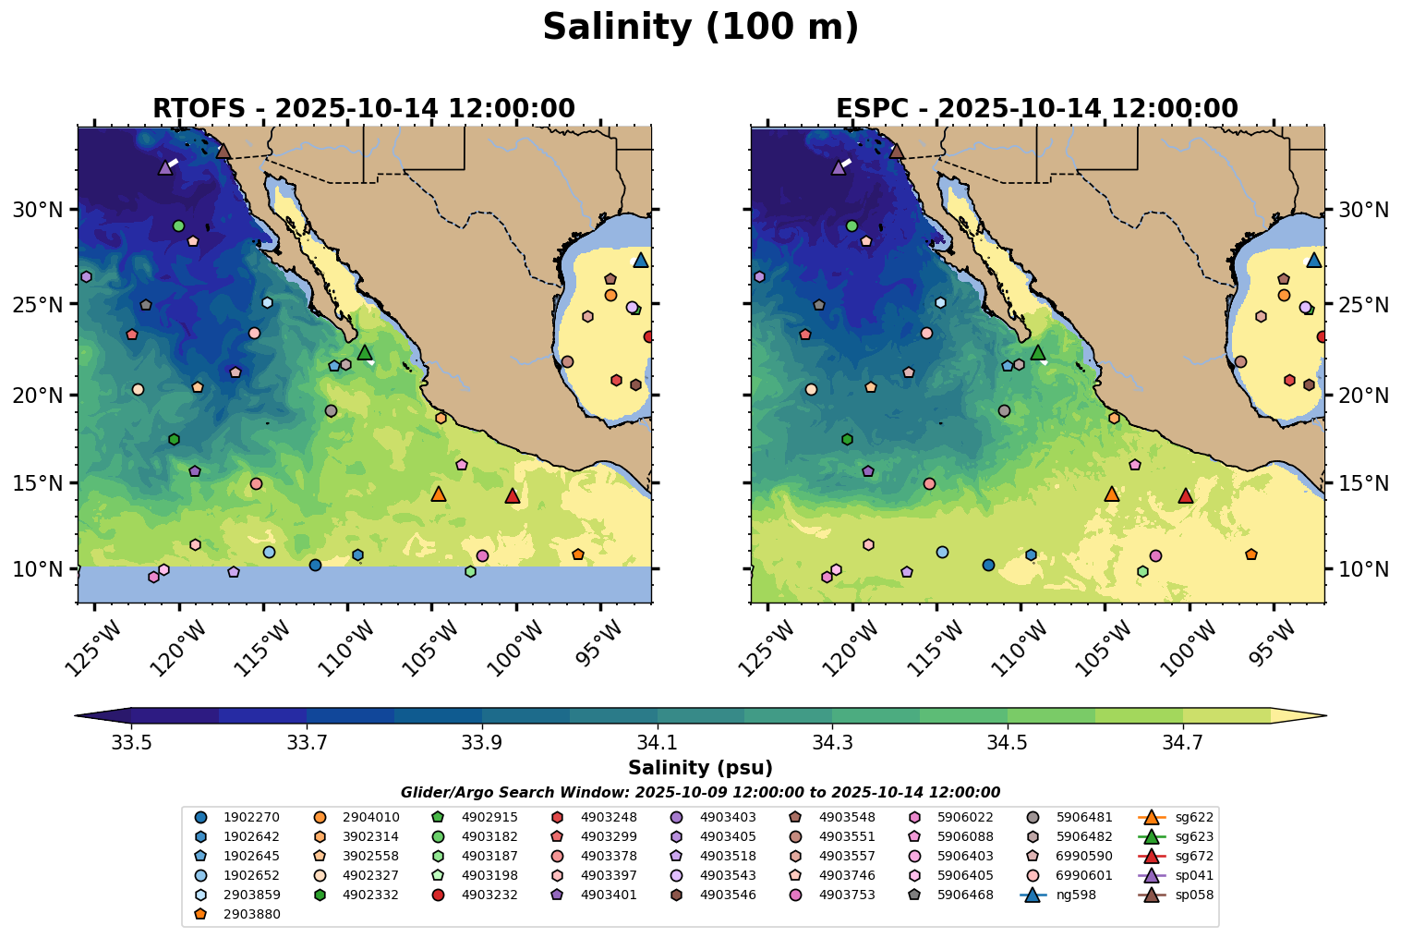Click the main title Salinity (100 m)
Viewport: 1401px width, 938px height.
[x=700, y=28]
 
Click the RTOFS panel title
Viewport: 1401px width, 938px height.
[x=363, y=109]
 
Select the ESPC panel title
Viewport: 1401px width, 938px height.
[x=1036, y=109]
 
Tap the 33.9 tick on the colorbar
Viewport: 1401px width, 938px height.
[x=481, y=742]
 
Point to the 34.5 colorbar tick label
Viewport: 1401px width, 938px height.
[x=1008, y=742]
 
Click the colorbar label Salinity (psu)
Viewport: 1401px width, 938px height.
[x=700, y=768]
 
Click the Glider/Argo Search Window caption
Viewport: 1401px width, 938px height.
[x=700, y=793]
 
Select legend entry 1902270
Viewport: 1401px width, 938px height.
[x=238, y=817]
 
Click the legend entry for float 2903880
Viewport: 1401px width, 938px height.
[x=238, y=914]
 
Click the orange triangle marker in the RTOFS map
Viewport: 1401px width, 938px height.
[x=439, y=494]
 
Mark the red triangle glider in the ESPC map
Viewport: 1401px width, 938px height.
[x=1186, y=496]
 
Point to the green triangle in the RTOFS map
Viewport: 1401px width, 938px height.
[x=365, y=352]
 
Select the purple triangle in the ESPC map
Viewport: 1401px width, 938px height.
[x=839, y=168]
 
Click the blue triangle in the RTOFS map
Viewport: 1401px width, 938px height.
[x=640, y=261]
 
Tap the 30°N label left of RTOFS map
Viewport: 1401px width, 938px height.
[x=38, y=210]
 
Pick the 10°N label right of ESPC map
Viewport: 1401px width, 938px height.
[x=1363, y=569]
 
